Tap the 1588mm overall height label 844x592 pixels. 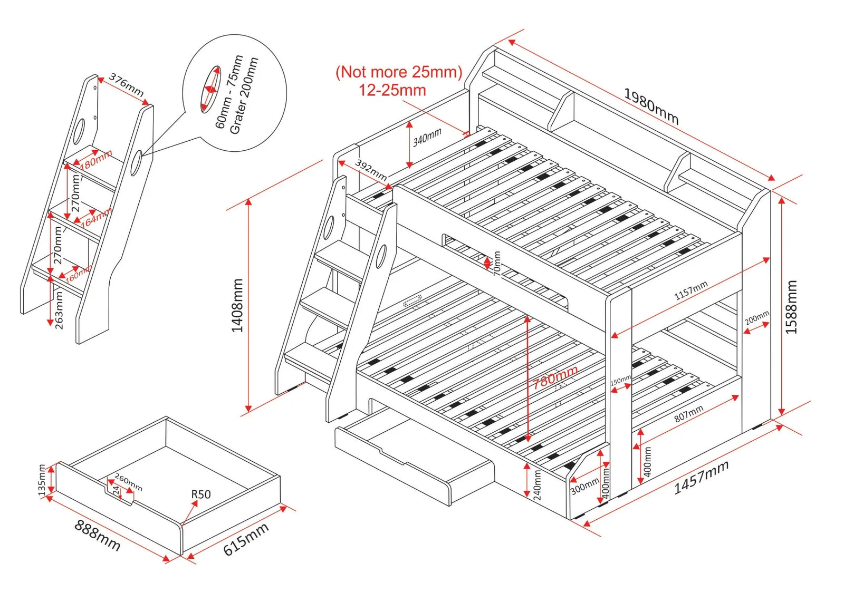pos(791,307)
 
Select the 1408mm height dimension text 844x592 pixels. pos(237,306)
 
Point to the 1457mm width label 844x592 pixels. pos(701,477)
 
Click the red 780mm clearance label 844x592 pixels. pos(555,377)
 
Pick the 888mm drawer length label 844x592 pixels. pos(98,535)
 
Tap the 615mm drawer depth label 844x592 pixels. pos(246,539)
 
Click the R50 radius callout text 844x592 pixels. pos(200,494)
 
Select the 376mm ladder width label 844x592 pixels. pos(126,84)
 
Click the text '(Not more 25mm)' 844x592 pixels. pos(399,72)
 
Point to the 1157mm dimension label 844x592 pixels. pos(691,290)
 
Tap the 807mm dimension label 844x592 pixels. pos(688,413)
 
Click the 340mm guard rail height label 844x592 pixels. pos(427,137)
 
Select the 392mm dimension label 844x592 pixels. pos(370,170)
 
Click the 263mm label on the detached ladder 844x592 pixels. pos(59,311)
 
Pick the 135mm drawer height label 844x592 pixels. pos(42,480)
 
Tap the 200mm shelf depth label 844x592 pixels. pos(757,318)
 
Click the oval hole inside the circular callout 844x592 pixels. pos(210,89)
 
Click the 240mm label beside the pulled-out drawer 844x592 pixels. pos(537,484)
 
